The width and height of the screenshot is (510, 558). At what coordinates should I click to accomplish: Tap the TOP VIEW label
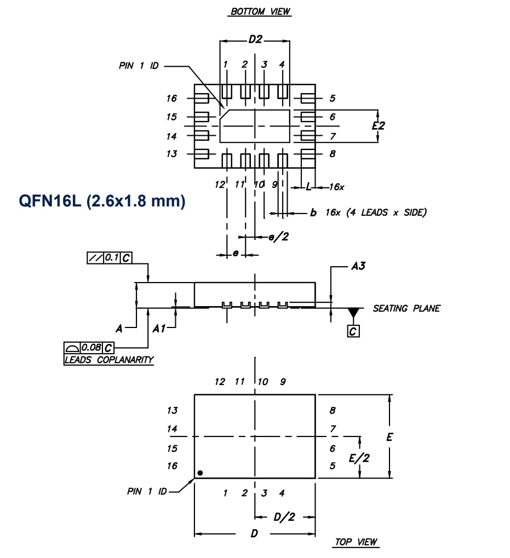click(356, 542)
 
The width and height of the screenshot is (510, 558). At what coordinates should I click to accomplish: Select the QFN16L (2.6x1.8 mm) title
click(102, 201)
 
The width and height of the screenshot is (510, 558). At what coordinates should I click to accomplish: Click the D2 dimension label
click(255, 39)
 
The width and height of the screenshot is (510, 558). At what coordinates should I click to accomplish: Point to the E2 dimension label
click(378, 125)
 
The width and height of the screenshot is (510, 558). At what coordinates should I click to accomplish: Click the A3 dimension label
click(358, 267)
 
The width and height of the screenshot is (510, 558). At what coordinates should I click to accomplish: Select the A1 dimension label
click(159, 329)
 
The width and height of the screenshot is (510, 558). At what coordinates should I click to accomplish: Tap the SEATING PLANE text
click(406, 308)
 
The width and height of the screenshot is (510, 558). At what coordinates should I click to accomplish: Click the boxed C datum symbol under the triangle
click(353, 331)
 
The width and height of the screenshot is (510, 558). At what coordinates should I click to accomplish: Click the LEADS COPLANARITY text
click(108, 360)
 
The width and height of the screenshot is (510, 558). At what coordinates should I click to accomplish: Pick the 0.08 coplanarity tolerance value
click(91, 348)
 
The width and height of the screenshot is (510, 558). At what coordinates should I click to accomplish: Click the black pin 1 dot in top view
click(201, 473)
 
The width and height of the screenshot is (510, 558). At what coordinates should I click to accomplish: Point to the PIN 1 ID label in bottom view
click(139, 66)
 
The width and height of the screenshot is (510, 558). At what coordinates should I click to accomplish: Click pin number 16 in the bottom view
click(172, 99)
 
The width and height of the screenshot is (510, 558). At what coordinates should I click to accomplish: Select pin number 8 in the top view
click(333, 410)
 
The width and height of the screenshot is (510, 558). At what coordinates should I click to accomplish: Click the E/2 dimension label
click(359, 458)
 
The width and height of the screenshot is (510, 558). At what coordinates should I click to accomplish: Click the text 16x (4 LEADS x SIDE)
click(376, 212)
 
